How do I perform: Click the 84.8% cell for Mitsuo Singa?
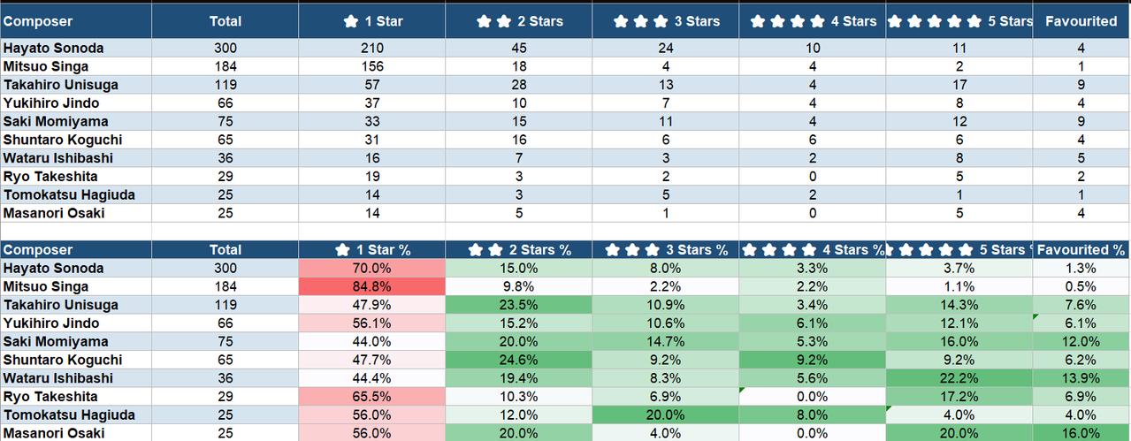[x=371, y=286]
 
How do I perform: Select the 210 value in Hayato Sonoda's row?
[x=371, y=48]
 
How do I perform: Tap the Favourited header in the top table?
[x=1081, y=21]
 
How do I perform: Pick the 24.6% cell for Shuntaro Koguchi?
[x=518, y=360]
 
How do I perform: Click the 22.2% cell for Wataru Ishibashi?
[x=959, y=378]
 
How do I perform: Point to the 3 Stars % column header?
[x=666, y=250]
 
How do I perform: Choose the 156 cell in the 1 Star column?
[x=371, y=66]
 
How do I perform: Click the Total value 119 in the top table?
[x=225, y=85]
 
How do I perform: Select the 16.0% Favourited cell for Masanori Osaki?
[x=1081, y=433]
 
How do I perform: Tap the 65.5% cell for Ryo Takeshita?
[x=371, y=397]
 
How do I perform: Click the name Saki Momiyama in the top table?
[x=56, y=122]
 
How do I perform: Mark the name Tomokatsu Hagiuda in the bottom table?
[x=69, y=414]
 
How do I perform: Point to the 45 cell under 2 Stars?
[x=518, y=48]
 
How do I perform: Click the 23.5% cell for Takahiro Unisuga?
[x=518, y=305]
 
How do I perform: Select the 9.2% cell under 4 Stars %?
[x=812, y=360]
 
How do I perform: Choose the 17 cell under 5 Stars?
[x=959, y=85]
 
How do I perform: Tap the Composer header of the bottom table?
[x=38, y=250]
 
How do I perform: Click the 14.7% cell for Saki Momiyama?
[x=666, y=342]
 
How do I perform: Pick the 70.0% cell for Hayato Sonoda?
[x=371, y=268]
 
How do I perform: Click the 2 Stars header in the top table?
[x=518, y=21]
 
